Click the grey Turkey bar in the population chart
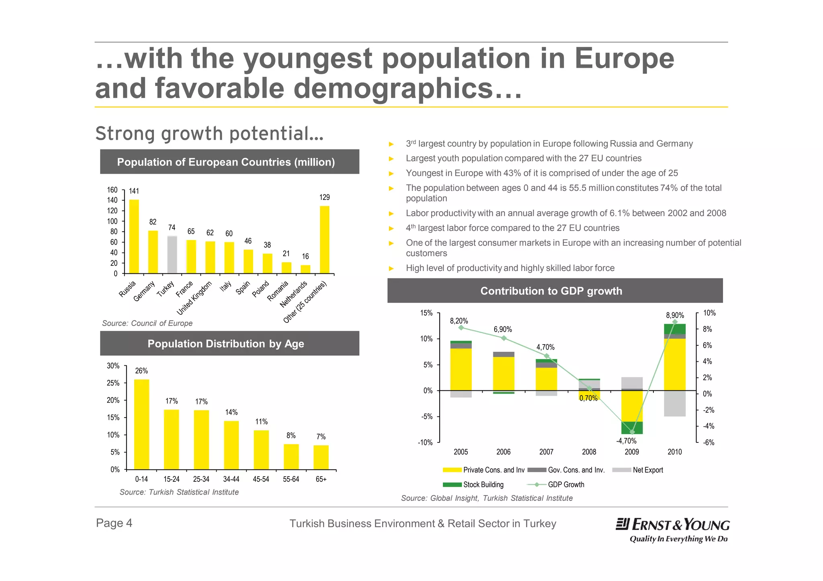click(172, 255)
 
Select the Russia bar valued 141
click(134, 236)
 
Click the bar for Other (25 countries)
click(324, 240)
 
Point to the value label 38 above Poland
click(267, 245)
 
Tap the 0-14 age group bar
click(141, 424)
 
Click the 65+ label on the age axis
click(321, 479)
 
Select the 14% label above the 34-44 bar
click(231, 412)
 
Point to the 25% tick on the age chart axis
click(113, 383)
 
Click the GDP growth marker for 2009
click(632, 432)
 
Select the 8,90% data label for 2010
click(675, 316)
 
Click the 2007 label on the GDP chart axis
click(546, 452)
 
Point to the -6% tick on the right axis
click(709, 443)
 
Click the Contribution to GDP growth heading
click(551, 291)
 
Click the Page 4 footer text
click(114, 523)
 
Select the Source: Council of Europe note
click(147, 323)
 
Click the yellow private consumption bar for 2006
click(504, 373)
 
